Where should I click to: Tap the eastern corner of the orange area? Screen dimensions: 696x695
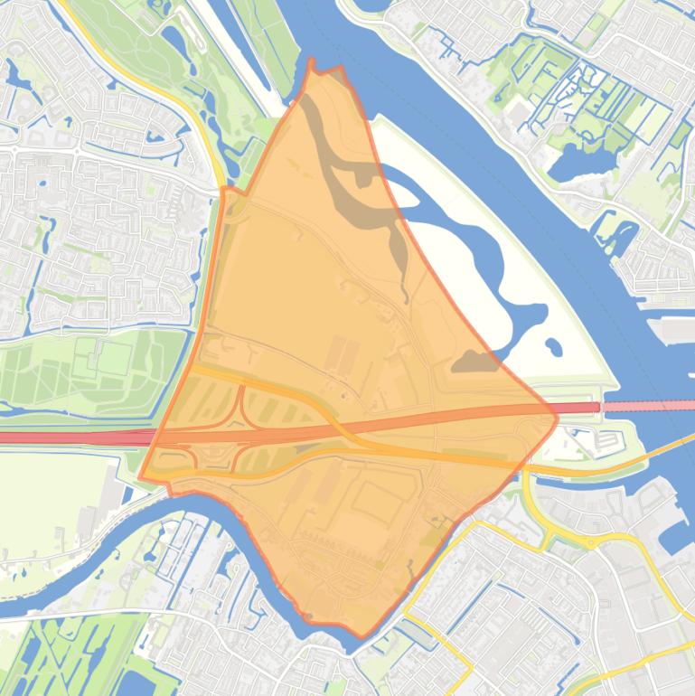point(555,416)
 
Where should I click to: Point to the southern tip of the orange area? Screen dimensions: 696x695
point(362,635)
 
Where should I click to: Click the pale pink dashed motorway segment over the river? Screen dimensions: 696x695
point(645,407)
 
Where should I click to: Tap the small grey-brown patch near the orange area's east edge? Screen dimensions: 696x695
point(474,362)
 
